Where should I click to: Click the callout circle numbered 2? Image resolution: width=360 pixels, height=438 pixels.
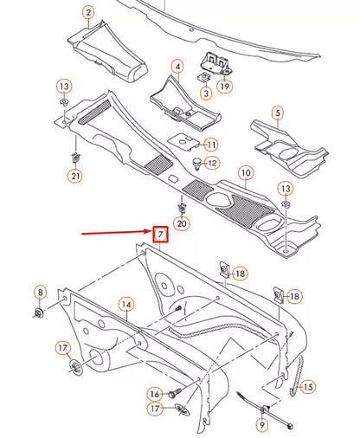(x=88, y=12)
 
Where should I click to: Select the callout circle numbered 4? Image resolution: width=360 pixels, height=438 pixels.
(x=177, y=67)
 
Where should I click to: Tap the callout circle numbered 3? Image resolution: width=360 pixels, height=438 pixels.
(x=207, y=93)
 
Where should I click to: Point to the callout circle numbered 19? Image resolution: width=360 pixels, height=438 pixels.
(x=224, y=87)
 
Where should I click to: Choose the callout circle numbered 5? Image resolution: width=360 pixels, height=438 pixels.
(x=277, y=113)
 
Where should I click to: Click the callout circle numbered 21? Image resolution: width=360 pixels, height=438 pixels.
(x=75, y=177)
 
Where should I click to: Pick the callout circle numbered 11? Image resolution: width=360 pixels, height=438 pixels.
(x=211, y=144)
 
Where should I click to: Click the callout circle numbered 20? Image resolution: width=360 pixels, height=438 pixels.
(x=181, y=224)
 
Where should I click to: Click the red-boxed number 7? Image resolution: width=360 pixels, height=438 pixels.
(x=160, y=235)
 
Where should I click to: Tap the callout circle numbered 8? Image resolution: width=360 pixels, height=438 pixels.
(x=40, y=292)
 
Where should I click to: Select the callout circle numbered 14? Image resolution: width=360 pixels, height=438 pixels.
(x=126, y=304)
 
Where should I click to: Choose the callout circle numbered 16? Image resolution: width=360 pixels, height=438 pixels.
(x=154, y=394)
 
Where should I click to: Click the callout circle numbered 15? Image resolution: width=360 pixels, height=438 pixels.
(x=307, y=387)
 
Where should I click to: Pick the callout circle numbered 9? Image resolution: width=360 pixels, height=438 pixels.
(x=261, y=425)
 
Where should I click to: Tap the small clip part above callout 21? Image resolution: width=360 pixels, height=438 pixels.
(x=75, y=158)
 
